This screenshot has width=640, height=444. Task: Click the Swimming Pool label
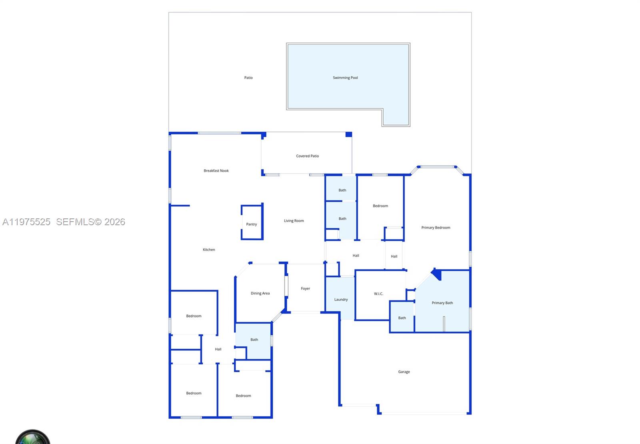pyautogui.click(x=345, y=78)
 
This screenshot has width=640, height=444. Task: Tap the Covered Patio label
pyautogui.click(x=307, y=156)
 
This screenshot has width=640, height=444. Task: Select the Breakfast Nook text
pyautogui.click(x=216, y=171)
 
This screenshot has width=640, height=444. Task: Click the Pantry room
pyautogui.click(x=252, y=224)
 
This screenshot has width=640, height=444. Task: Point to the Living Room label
pyautogui.click(x=294, y=221)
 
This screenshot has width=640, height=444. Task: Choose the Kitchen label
pyautogui.click(x=209, y=250)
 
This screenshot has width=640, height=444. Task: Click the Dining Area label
pyautogui.click(x=260, y=293)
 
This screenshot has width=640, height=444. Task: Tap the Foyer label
pyautogui.click(x=305, y=288)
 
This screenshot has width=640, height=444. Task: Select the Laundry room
pyautogui.click(x=341, y=300)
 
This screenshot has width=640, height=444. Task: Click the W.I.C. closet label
pyautogui.click(x=378, y=294)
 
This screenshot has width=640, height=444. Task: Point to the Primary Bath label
pyautogui.click(x=442, y=303)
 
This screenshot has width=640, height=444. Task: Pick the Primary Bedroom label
pyautogui.click(x=436, y=228)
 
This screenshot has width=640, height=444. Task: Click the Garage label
pyautogui.click(x=404, y=372)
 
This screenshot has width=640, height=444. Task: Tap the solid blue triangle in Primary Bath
pyautogui.click(x=437, y=274)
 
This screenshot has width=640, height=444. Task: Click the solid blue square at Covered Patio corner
pyautogui.click(x=348, y=134)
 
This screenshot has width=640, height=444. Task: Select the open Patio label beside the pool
pyautogui.click(x=248, y=78)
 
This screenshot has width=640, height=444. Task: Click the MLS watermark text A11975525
pyautogui.click(x=26, y=222)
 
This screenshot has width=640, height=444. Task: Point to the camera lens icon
pyautogui.click(x=33, y=438)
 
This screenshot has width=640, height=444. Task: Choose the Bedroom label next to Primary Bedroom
pyautogui.click(x=380, y=206)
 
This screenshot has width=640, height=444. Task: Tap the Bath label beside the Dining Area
pyautogui.click(x=254, y=340)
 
